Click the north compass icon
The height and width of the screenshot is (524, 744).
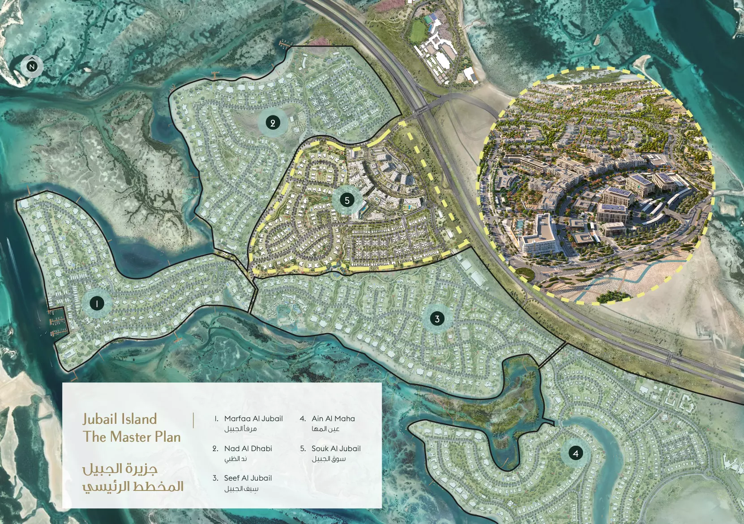click(x=32, y=67)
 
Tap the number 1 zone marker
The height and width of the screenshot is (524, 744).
click(x=97, y=304)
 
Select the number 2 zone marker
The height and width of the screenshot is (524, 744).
click(x=273, y=123)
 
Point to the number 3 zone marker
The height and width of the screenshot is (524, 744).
click(x=437, y=319)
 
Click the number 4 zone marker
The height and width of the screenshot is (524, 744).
click(x=576, y=453)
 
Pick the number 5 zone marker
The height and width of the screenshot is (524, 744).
click(x=347, y=200)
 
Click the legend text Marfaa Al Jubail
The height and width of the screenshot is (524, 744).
click(x=253, y=418)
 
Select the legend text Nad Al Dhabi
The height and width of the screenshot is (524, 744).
click(x=248, y=448)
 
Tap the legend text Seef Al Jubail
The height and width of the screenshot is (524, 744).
click(x=248, y=478)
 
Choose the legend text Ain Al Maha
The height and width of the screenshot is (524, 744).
click(x=333, y=418)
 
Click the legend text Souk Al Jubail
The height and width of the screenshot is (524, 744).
click(x=336, y=448)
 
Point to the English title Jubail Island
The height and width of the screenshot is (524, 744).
click(x=120, y=419)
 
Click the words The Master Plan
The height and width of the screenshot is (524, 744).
click(x=132, y=437)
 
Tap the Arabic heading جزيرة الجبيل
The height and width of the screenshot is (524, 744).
click(x=120, y=469)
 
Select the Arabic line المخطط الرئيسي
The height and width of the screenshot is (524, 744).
click(x=133, y=486)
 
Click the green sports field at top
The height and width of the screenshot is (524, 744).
click(x=418, y=30)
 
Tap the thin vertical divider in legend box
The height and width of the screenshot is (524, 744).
click(x=193, y=421)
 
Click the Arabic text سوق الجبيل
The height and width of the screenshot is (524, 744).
click(x=329, y=459)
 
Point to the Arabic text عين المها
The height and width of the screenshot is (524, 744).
click(x=325, y=429)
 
